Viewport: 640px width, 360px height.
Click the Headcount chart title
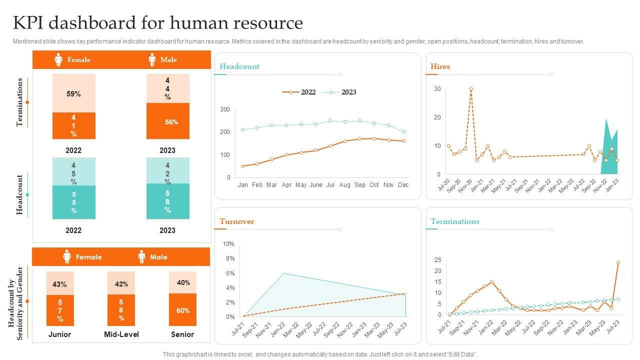click(x=239, y=66)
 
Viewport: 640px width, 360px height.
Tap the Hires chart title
click(x=440, y=66)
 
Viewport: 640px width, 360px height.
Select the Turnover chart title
click(x=236, y=221)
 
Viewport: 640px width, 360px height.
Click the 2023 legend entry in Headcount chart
click(x=348, y=92)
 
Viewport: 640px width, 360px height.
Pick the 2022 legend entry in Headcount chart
click(x=308, y=92)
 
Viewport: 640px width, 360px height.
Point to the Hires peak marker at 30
click(x=471, y=89)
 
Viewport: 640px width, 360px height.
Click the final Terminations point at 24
click(x=618, y=262)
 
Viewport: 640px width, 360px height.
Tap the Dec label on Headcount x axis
click(x=403, y=185)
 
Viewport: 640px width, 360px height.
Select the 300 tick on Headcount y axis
click(x=225, y=109)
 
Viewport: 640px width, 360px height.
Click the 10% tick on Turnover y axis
click(x=228, y=244)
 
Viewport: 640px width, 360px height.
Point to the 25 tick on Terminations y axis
click(x=438, y=260)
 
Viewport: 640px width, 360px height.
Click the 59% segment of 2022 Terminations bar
click(x=73, y=93)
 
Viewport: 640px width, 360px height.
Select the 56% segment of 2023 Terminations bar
click(x=167, y=121)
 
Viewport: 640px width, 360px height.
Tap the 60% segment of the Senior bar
click(x=182, y=310)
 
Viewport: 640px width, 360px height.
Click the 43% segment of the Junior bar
click(x=59, y=284)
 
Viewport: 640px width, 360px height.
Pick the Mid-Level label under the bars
click(x=121, y=334)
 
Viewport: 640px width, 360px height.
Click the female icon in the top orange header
click(x=58, y=60)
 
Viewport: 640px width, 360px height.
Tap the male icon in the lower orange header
click(x=141, y=257)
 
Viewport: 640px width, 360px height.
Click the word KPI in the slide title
click(x=30, y=23)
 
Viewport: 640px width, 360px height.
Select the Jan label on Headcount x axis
click(x=242, y=185)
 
